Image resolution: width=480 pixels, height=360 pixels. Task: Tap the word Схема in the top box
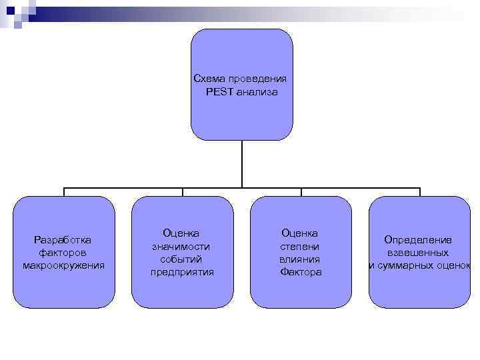coord(207,79)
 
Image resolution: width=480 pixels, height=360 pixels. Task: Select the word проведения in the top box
coord(257,79)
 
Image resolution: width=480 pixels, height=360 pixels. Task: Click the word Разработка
coord(63,239)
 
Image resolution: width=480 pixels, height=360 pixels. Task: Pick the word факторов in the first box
coord(63,253)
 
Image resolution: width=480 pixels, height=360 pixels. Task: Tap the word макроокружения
coord(63,265)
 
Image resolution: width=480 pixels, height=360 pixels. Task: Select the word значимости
coord(182,246)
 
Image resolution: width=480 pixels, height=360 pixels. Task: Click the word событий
coord(181,259)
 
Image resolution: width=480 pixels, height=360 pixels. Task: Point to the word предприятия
coord(182,272)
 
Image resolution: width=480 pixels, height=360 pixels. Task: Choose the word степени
coord(300,246)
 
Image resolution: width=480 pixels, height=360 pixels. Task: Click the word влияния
coord(300,259)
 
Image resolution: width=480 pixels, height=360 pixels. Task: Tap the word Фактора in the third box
coord(301,272)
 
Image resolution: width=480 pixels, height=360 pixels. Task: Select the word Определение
coord(418,239)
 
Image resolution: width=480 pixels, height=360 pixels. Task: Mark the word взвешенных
coord(418,253)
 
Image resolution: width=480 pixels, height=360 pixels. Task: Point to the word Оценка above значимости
coord(181,233)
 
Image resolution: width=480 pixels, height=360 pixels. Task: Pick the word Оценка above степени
coord(300,233)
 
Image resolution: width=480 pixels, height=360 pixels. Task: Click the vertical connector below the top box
coord(242,164)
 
